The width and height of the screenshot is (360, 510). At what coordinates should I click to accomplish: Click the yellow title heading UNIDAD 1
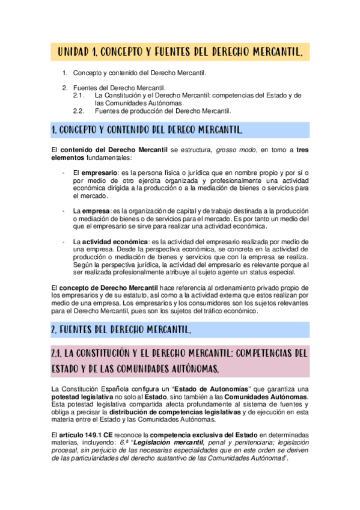click(183, 53)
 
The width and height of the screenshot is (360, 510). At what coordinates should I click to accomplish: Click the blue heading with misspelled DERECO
click(148, 130)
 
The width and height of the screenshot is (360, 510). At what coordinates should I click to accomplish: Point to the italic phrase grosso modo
click(234, 149)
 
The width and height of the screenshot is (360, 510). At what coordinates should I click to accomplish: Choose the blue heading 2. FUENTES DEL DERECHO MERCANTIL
click(121, 330)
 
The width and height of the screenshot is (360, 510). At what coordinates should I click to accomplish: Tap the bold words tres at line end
click(302, 149)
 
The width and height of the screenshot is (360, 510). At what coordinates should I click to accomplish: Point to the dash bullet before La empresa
click(64, 211)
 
